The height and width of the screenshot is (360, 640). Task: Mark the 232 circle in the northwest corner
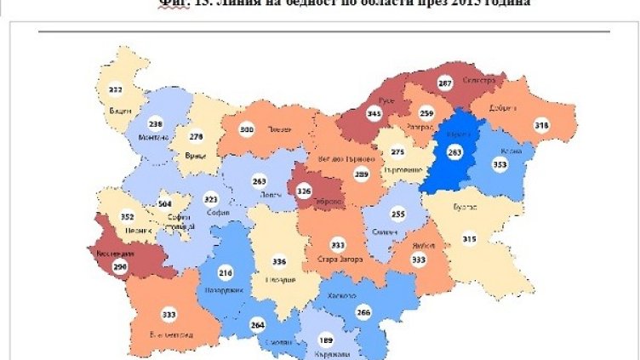point(115,89)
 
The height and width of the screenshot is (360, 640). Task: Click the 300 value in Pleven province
point(247,129)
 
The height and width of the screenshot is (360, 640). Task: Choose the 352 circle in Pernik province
point(129,215)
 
